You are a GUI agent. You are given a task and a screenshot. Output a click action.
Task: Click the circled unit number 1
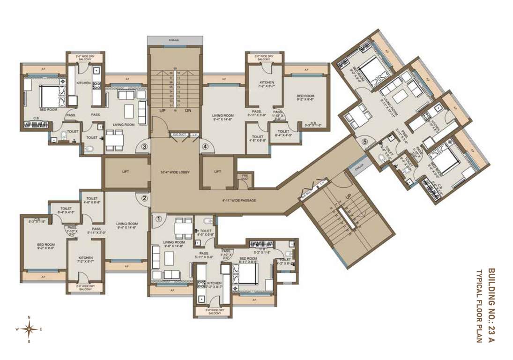(159, 218)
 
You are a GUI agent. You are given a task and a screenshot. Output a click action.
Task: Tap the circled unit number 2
(144, 198)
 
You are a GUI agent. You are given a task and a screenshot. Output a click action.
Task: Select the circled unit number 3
(145, 147)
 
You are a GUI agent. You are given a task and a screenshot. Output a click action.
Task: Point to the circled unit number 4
(205, 147)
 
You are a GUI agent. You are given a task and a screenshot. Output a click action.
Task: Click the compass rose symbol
(29, 329)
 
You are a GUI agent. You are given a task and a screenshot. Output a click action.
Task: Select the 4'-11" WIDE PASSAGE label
(239, 201)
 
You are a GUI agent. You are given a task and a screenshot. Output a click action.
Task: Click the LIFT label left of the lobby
(126, 172)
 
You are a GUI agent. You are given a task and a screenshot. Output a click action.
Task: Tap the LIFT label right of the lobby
(217, 172)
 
